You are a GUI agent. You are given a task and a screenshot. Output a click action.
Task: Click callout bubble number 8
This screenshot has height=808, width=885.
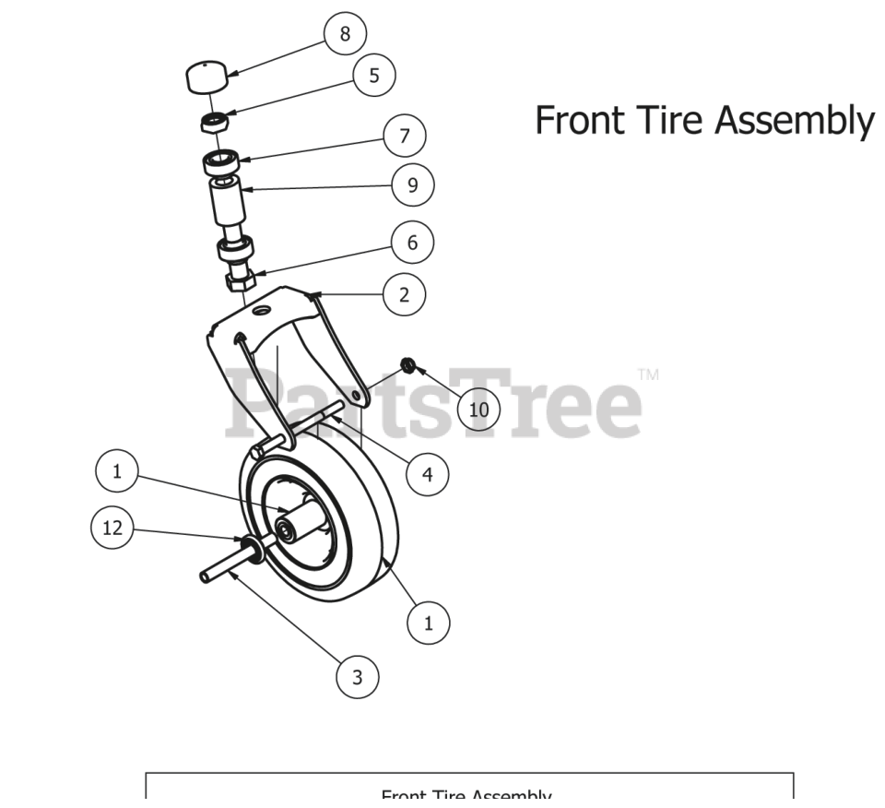point(345,34)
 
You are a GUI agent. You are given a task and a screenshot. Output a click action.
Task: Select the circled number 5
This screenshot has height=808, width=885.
point(373,76)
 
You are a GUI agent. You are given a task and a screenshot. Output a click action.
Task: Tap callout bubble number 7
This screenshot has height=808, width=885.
point(405,137)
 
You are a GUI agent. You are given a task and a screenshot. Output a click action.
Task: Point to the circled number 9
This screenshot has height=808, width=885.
point(412,185)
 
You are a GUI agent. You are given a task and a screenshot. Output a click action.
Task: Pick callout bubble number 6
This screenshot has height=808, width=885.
point(412,243)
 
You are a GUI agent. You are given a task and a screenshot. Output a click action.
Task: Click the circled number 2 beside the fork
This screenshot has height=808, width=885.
point(405,295)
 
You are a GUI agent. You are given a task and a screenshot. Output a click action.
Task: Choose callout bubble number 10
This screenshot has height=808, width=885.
point(478,410)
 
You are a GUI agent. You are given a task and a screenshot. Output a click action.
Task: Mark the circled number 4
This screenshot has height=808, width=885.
point(427,474)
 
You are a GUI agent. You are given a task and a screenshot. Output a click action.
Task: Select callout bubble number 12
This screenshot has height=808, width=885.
point(112,529)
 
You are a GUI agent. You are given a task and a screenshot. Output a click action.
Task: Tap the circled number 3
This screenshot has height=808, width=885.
point(358,678)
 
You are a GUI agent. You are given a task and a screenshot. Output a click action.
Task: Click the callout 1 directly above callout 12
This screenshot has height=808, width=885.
point(117,471)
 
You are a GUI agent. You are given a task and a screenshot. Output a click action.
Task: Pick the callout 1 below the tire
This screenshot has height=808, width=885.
point(428,622)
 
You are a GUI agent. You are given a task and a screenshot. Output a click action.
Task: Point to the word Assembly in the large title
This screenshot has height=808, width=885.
point(795,122)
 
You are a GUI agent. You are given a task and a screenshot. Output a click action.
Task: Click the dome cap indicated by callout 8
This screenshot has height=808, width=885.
point(206,76)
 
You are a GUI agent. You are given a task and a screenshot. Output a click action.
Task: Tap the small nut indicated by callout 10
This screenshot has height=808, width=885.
point(405,369)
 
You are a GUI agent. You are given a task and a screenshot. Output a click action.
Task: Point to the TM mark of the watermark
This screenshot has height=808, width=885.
point(648,375)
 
